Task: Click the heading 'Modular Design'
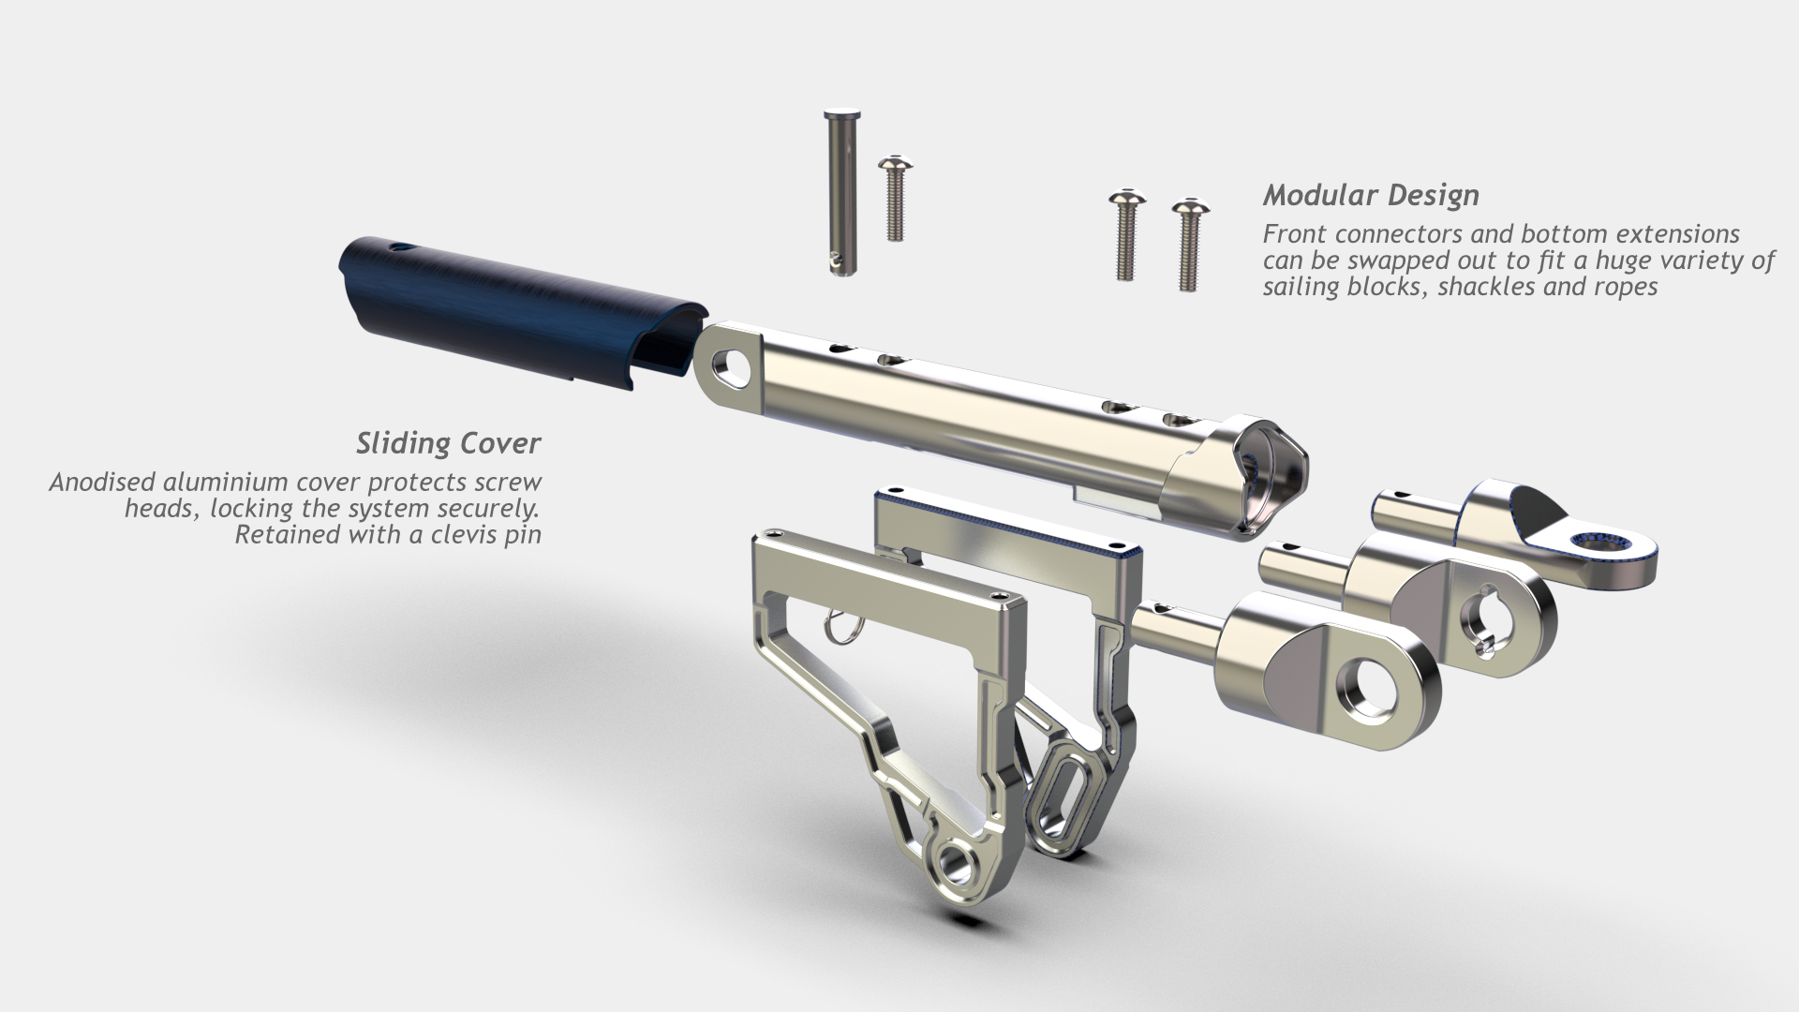coord(1371,196)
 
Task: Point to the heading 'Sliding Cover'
coord(448,443)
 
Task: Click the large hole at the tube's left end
coord(731,366)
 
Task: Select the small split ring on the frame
coord(840,629)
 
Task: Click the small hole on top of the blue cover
coord(402,249)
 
